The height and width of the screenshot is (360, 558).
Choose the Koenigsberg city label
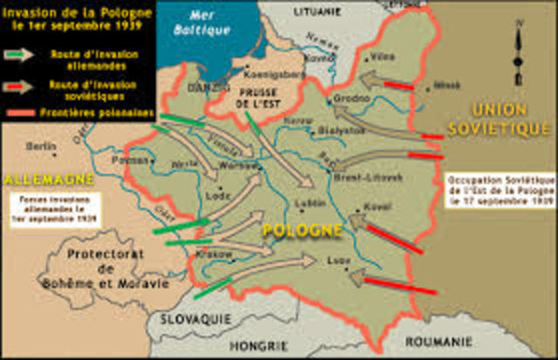(271, 75)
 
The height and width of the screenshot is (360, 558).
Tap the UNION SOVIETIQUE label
(498, 120)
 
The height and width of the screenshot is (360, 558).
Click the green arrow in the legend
(16, 54)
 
